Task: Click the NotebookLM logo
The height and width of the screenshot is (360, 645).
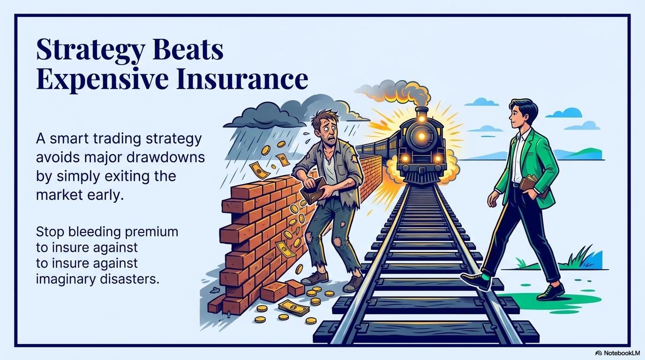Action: tap(617, 352)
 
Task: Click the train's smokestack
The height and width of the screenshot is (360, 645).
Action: tap(421, 113)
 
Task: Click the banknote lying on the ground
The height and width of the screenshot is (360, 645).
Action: tap(294, 307)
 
